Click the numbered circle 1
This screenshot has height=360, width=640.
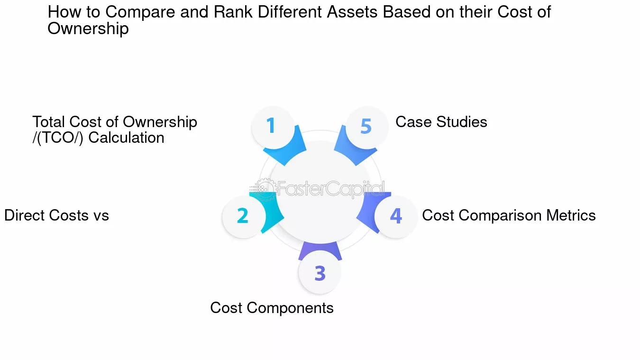pos(273,127)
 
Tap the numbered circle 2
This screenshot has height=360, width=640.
pos(244,217)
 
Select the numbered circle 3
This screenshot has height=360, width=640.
pos(320,272)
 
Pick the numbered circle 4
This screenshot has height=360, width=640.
pos(396,217)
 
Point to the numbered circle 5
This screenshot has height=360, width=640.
pos(367,127)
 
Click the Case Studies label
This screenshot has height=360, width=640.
pos(441,122)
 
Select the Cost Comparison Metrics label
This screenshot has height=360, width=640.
pos(509,215)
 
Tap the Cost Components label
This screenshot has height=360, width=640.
pos(272,308)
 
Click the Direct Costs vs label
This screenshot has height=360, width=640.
pos(56,215)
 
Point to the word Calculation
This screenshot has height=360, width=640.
pos(126,138)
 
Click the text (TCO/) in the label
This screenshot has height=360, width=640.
pos(60,138)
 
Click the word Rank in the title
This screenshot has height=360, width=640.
pos(233,12)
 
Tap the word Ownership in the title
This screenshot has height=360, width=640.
pos(88,28)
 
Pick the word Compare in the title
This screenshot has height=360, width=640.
pos(140,13)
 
